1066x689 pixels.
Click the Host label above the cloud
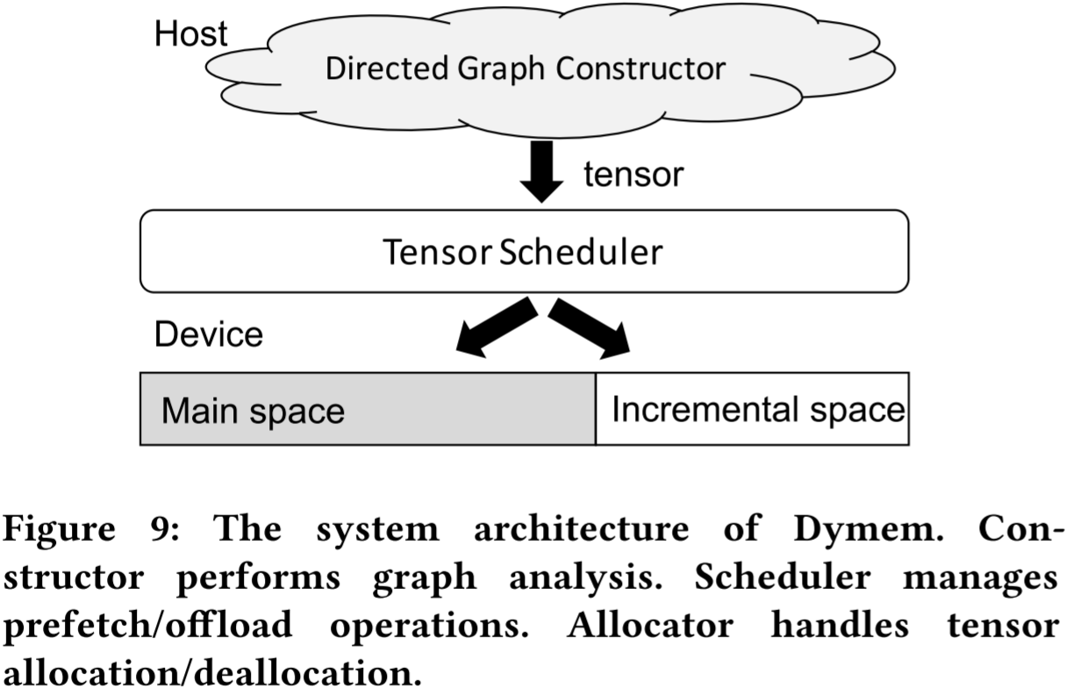coord(190,34)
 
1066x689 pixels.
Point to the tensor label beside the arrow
coord(633,175)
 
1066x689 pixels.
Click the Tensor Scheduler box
coord(524,251)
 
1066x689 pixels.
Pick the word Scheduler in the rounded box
coord(581,252)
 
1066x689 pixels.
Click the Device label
coord(208,334)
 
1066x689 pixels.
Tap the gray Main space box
coord(368,409)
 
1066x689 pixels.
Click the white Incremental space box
coord(752,409)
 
